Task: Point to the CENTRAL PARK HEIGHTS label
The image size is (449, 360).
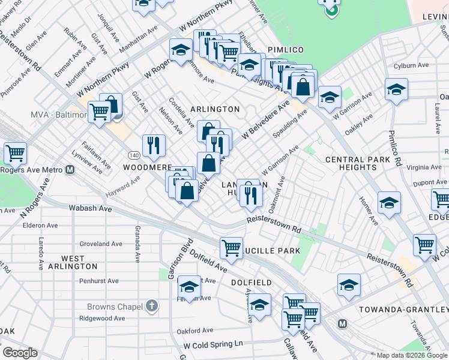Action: pos(359,163)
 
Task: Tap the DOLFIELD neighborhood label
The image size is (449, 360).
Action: pos(251,282)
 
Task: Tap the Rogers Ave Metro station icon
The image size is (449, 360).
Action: pos(70,170)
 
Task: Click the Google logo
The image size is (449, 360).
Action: pos(20,353)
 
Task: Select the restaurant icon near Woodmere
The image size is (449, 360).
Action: pos(154,145)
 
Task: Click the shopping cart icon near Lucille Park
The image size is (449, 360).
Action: pos(231,247)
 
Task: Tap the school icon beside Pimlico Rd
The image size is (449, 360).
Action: pos(395,91)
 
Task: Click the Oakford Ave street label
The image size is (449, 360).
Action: pos(195,331)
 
